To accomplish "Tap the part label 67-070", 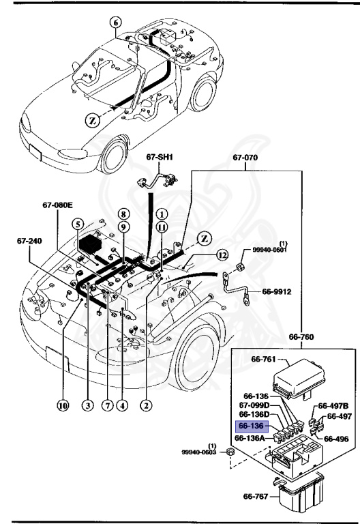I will click(246, 158).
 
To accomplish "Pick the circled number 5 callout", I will click(79, 224).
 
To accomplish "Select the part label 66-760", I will click(301, 336).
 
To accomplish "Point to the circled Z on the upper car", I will click(94, 121).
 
